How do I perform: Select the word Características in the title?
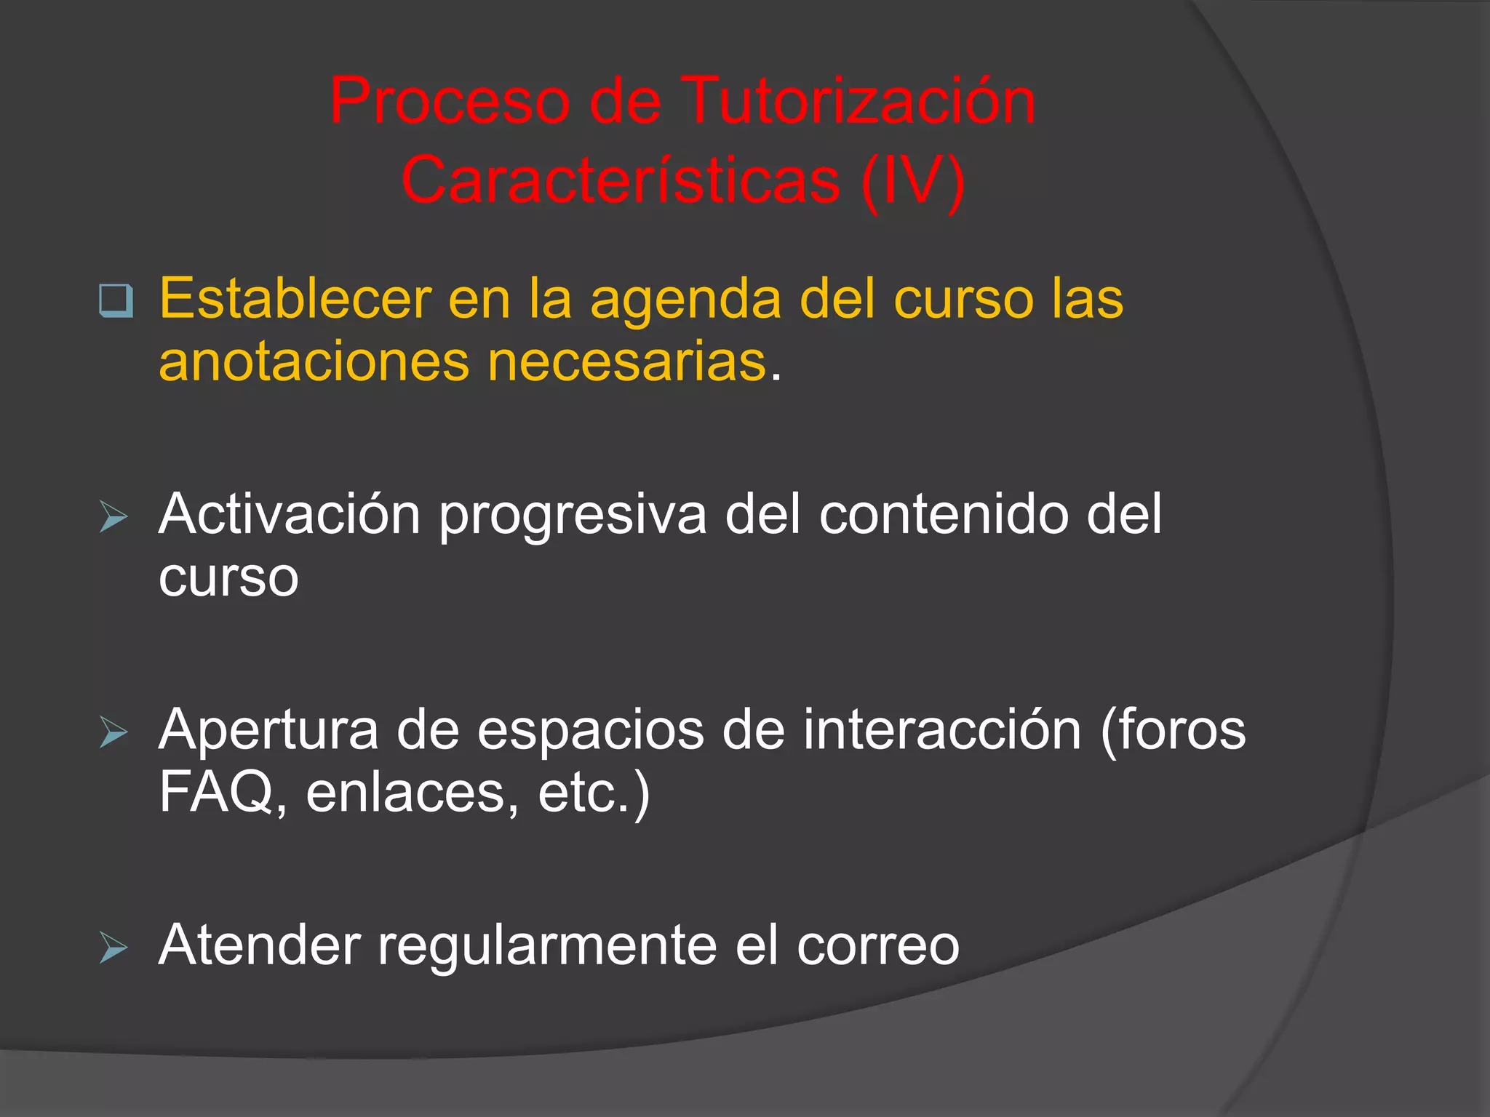(621, 180)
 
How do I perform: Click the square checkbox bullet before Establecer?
(116, 300)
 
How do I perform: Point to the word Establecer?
(295, 299)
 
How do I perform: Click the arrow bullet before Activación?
(113, 517)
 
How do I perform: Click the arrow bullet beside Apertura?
(113, 732)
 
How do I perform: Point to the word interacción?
(942, 730)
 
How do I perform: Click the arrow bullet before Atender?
(113, 947)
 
